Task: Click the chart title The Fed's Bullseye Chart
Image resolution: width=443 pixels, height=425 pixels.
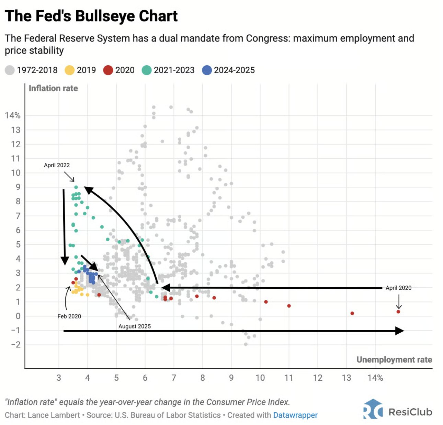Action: [91, 16]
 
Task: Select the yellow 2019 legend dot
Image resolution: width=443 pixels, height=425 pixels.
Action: [70, 70]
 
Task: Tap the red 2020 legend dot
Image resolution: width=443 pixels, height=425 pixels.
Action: [108, 70]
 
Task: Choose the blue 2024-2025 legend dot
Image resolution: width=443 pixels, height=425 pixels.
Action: [207, 70]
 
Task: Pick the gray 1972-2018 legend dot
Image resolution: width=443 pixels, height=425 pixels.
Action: [10, 70]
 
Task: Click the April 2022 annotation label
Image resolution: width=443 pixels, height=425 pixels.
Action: [57, 165]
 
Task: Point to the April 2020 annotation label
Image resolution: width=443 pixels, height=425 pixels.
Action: [398, 288]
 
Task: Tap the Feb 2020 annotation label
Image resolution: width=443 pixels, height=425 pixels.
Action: [69, 316]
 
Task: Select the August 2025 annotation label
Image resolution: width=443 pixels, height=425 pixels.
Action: [135, 326]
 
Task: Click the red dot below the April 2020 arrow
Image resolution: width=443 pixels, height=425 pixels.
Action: [398, 312]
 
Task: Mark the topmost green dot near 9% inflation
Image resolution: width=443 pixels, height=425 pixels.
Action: [76, 187]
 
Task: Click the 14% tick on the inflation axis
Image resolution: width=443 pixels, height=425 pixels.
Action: [13, 115]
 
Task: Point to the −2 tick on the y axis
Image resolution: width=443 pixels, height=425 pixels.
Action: [16, 345]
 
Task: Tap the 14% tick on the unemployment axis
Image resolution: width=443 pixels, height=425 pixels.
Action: [375, 378]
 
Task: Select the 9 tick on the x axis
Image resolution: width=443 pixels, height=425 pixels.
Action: [231, 378]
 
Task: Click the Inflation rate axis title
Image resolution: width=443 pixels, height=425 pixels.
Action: [53, 89]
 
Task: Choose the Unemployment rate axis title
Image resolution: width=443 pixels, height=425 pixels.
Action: [394, 359]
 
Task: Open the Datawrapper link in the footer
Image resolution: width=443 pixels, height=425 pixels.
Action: [295, 415]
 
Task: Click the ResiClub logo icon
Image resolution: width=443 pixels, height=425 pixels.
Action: [373, 409]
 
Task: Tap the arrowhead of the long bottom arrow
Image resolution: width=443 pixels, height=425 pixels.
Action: [399, 331]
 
